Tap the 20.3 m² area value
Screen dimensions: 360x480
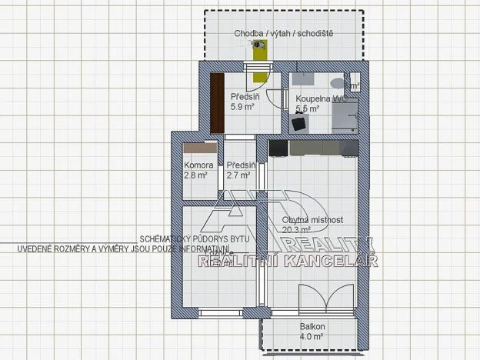296,229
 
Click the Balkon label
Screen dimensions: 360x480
312,326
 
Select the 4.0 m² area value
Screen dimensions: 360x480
312,336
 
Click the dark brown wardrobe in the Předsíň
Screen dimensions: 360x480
218,101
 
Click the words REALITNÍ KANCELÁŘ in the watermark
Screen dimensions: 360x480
288,262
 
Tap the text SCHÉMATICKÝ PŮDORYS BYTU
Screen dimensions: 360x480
195,239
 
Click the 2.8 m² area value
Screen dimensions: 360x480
195,175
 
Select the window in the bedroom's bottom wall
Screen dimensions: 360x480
222,313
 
